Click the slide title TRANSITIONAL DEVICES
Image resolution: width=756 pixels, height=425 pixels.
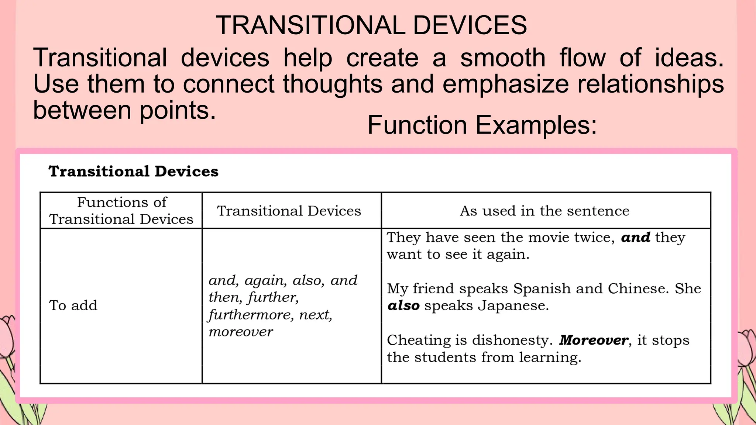[x=371, y=25]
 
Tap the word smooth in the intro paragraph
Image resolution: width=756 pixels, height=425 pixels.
[x=502, y=58]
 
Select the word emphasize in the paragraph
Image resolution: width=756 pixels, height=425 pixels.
[x=505, y=84]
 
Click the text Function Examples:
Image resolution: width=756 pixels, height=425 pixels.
[x=482, y=125]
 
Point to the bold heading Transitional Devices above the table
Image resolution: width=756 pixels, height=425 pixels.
[x=133, y=172]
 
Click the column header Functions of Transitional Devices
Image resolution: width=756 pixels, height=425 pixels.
[x=121, y=211]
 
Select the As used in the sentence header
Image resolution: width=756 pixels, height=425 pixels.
[x=544, y=211]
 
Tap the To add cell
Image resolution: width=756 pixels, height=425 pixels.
[x=73, y=305]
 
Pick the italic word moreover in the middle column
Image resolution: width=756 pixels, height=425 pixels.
[x=241, y=332]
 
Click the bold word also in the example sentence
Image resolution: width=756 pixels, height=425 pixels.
[x=403, y=305]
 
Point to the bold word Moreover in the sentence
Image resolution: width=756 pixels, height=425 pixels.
[x=593, y=340]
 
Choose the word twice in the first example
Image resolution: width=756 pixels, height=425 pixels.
[x=594, y=237]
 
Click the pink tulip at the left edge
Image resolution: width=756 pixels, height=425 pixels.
[x=7, y=338]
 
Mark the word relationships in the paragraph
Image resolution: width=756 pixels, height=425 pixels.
[x=650, y=84]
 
